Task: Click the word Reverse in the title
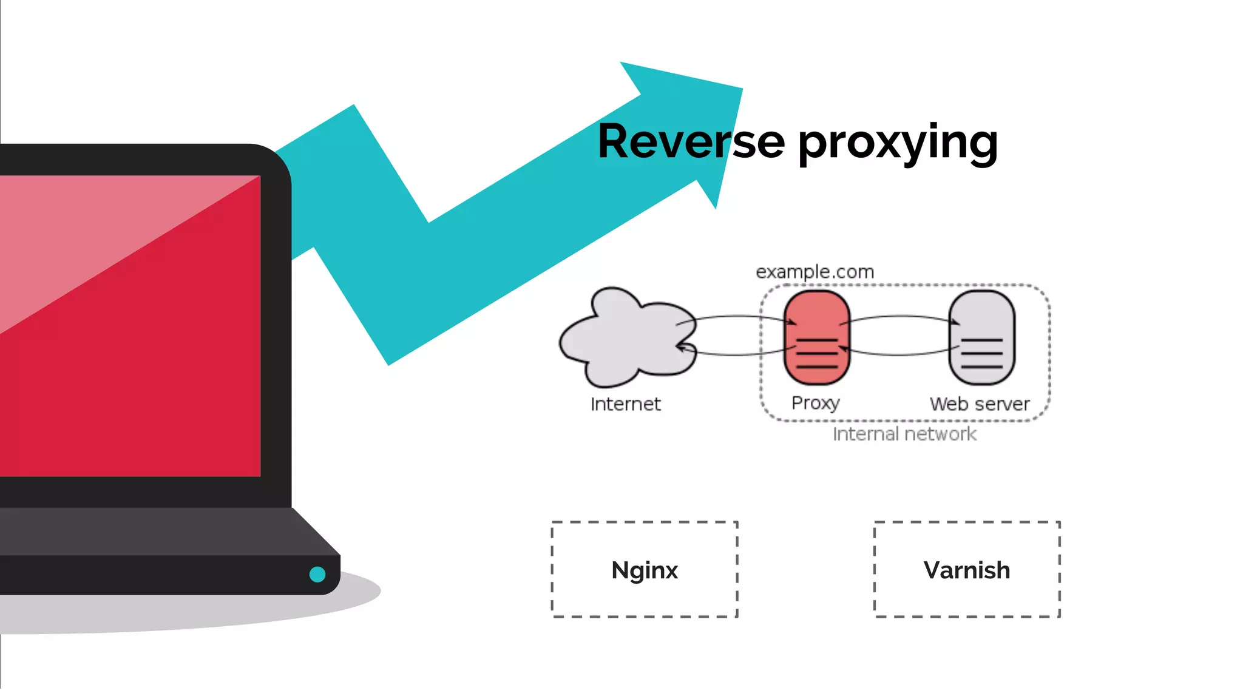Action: (691, 141)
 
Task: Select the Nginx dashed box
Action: (645, 569)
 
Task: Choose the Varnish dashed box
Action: (967, 569)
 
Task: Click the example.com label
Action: (815, 272)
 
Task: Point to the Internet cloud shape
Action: (625, 340)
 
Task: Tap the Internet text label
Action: (625, 404)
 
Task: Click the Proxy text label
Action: (815, 403)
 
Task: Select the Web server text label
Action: (979, 404)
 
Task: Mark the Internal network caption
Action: (904, 434)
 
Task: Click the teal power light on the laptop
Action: (317, 574)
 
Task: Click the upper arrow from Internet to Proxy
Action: (737, 316)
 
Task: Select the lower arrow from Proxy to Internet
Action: (737, 354)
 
